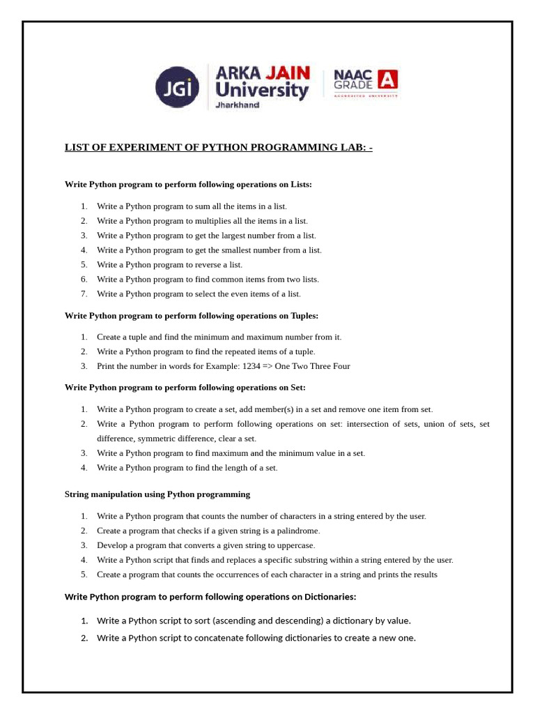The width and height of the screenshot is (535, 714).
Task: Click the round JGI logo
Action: [x=178, y=87]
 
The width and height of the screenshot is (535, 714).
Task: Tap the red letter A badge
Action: [x=388, y=79]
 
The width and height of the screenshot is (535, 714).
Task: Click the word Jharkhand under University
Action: [x=238, y=105]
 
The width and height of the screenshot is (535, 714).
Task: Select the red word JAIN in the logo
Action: [x=287, y=73]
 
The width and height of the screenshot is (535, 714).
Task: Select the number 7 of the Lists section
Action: [x=84, y=294]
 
